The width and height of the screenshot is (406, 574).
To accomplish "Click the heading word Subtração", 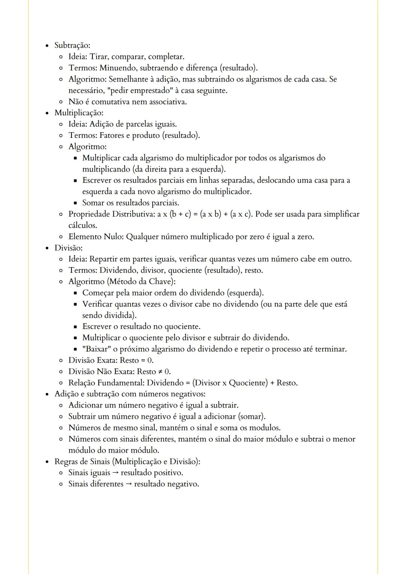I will click(72, 45).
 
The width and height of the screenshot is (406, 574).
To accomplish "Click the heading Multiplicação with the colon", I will click(79, 113).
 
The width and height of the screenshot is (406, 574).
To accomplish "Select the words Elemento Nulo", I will click(95, 237).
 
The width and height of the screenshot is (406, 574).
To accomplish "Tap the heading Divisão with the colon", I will click(68, 248).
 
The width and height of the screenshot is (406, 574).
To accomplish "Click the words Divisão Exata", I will click(92, 360).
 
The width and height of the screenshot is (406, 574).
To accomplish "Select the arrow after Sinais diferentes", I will click(129, 484).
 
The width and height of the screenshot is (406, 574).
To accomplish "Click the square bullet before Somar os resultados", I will click(76, 203).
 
